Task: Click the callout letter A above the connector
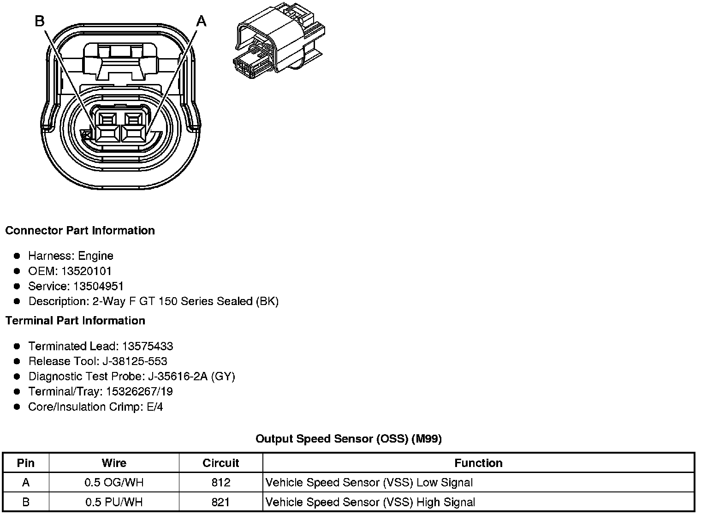[x=202, y=21]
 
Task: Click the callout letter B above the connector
[x=40, y=21]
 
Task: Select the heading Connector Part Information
[x=80, y=230]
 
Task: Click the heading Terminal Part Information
[x=75, y=320]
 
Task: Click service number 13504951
[x=98, y=286]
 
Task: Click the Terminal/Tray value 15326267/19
[x=139, y=391]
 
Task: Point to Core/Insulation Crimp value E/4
[x=154, y=407]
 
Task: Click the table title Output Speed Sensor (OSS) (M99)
[x=349, y=438]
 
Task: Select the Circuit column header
[x=221, y=463]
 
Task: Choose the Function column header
[x=478, y=463]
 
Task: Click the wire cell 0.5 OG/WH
[x=114, y=483]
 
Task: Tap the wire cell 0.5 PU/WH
[x=114, y=502]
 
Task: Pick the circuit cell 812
[x=221, y=483]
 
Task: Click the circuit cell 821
[x=221, y=502]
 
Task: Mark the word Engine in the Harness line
[x=95, y=256]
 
